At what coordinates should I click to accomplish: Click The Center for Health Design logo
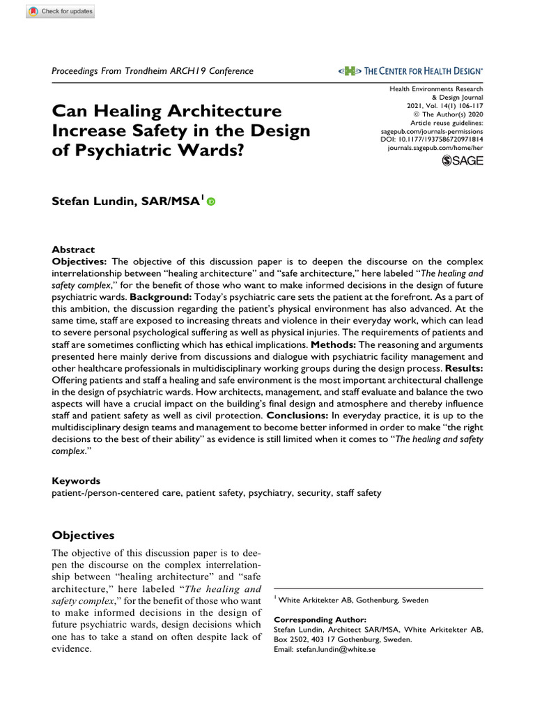pyautogui.click(x=410, y=71)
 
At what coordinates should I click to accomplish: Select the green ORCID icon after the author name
pyautogui.click(x=211, y=202)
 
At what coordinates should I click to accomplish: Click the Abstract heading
pyautogui.click(x=73, y=250)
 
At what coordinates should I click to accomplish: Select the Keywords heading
pyautogui.click(x=77, y=481)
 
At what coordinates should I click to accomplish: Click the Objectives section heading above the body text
pyautogui.click(x=83, y=535)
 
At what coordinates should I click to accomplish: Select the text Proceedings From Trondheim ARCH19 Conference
pyautogui.click(x=153, y=71)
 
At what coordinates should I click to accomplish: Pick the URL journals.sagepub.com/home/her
pyautogui.click(x=435, y=149)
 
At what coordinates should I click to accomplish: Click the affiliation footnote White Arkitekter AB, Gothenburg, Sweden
pyautogui.click(x=353, y=600)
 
